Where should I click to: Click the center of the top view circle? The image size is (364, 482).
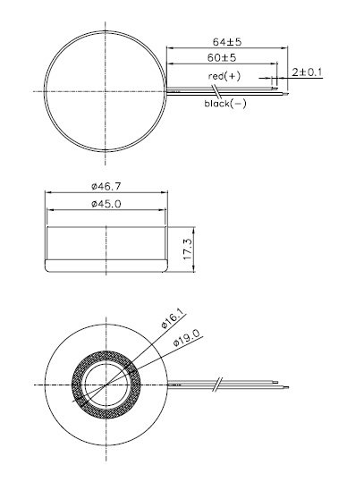click(105, 90)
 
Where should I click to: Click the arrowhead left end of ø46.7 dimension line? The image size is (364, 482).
click(47, 193)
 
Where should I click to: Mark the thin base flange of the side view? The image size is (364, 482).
click(105, 265)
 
